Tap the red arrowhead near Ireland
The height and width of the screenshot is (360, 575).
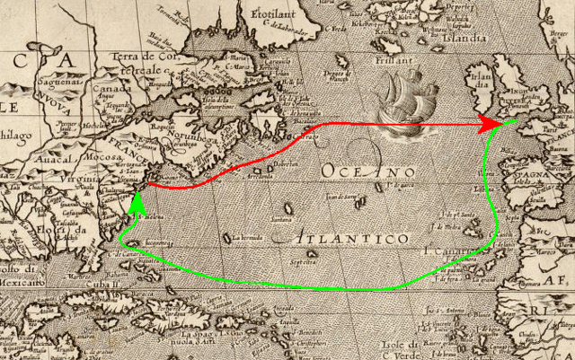coord(489,121)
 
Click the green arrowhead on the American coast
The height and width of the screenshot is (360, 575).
coord(137,202)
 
